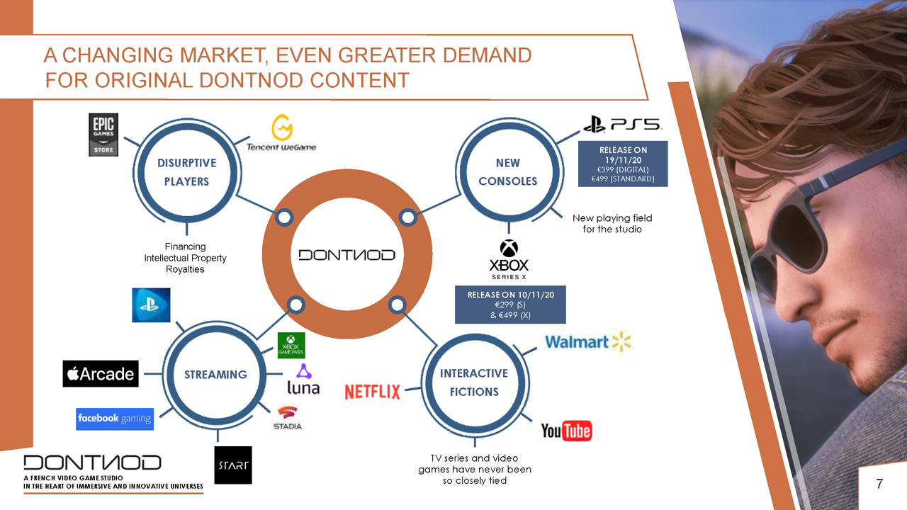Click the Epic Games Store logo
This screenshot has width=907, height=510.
pyautogui.click(x=103, y=135)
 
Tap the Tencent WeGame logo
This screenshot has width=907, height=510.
pyautogui.click(x=281, y=132)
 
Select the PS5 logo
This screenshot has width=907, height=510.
pyautogui.click(x=622, y=124)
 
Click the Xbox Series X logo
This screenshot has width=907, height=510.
pyautogui.click(x=509, y=259)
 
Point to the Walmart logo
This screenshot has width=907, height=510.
pyautogui.click(x=588, y=341)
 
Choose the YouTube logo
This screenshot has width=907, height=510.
pyautogui.click(x=566, y=431)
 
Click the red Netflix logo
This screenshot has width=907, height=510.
pyautogui.click(x=372, y=392)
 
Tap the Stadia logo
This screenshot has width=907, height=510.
pyautogui.click(x=288, y=418)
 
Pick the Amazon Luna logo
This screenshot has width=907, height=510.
pyautogui.click(x=303, y=379)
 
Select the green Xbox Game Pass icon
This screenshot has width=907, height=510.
pyautogui.click(x=291, y=345)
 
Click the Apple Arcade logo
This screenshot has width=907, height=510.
pyautogui.click(x=101, y=373)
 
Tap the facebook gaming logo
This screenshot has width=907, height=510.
pyautogui.click(x=115, y=419)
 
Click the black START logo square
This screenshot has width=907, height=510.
pyautogui.click(x=233, y=465)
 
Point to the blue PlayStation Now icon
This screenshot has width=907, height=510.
pyautogui.click(x=151, y=305)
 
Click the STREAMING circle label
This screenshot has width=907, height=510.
pyautogui.click(x=215, y=375)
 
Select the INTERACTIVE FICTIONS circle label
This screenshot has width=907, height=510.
pyautogui.click(x=474, y=382)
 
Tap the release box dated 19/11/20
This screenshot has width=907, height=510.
pyautogui.click(x=623, y=164)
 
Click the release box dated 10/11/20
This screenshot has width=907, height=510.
pyautogui.click(x=510, y=305)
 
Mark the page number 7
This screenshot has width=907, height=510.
pyautogui.click(x=879, y=484)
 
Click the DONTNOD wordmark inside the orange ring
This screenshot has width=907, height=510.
pyautogui.click(x=347, y=255)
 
